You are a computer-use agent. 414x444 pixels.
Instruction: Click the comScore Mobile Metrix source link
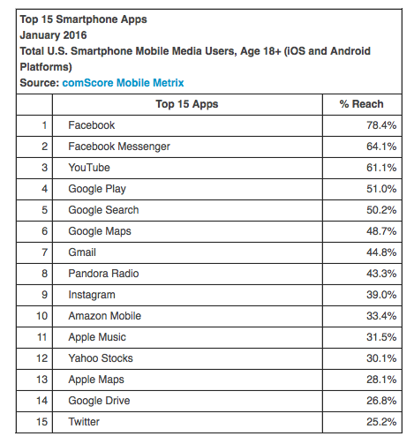(x=123, y=83)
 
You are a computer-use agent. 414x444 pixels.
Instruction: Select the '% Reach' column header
(x=361, y=104)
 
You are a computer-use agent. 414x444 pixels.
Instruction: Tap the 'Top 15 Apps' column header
(x=187, y=104)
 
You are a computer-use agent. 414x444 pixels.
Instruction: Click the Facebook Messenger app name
(x=119, y=147)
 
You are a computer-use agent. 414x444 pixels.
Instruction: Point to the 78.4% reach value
(x=381, y=125)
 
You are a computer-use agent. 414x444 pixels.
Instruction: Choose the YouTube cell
(x=89, y=168)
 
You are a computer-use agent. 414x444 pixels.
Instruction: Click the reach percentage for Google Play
(x=381, y=189)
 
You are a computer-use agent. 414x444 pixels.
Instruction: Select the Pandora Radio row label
(x=103, y=274)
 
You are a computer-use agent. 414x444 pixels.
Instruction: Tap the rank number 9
(x=44, y=295)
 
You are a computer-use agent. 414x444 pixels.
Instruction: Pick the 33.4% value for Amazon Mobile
(x=381, y=316)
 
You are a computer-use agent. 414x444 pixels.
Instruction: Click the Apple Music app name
(x=97, y=337)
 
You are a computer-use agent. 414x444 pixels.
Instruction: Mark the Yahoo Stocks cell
(x=101, y=358)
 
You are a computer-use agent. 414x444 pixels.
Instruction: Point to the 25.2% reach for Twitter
(x=381, y=422)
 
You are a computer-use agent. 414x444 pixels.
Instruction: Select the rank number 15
(x=41, y=422)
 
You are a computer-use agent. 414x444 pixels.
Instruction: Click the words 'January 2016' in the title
(x=53, y=35)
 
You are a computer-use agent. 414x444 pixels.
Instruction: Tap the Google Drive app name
(x=99, y=401)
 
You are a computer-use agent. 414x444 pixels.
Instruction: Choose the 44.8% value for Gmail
(x=381, y=252)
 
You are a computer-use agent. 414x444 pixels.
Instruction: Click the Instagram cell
(x=92, y=295)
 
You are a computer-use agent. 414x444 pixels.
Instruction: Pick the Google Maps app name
(x=100, y=231)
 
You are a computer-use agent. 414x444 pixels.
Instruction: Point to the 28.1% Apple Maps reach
(x=381, y=380)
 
